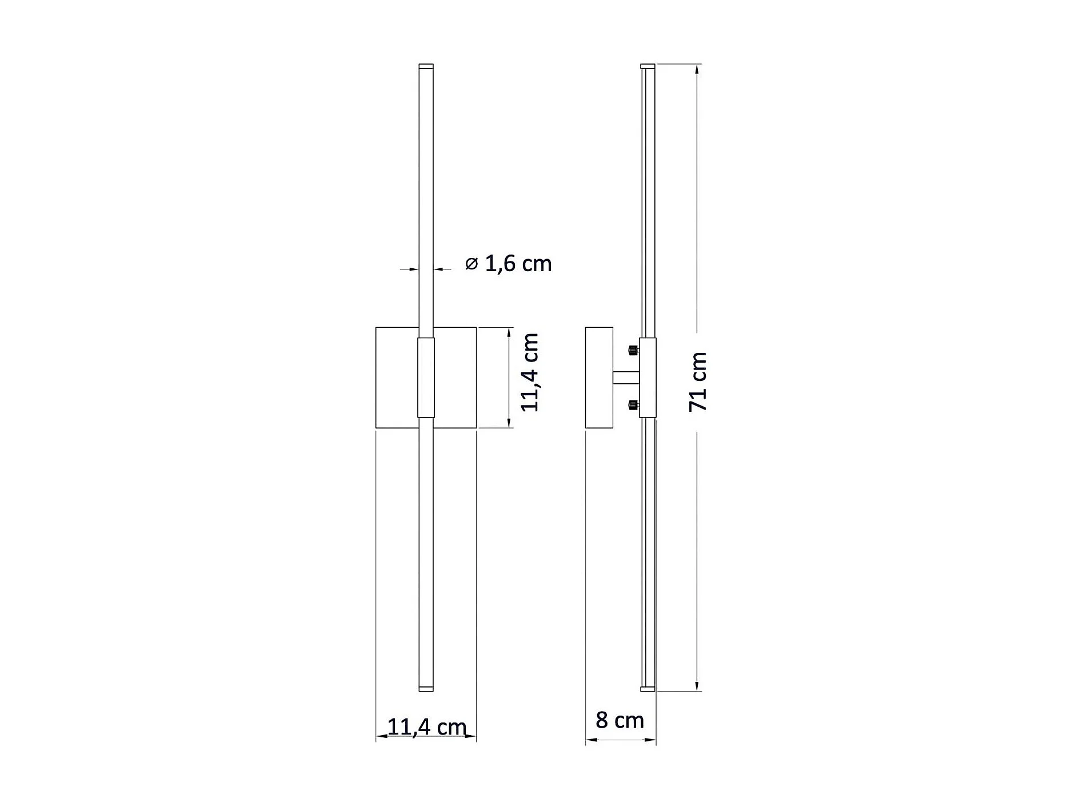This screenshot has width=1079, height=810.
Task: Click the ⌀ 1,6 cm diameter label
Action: (508, 264)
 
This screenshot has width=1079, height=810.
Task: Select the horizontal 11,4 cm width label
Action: (427, 726)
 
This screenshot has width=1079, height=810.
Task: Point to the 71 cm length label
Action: (698, 382)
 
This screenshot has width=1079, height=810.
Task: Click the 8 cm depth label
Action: (620, 720)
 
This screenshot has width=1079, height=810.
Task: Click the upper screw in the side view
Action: (633, 350)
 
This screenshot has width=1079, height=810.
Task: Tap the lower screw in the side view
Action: (633, 406)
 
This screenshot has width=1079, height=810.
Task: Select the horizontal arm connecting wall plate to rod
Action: (626, 378)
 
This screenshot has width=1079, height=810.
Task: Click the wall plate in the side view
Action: (600, 378)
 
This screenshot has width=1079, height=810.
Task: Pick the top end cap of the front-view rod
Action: (426, 66)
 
